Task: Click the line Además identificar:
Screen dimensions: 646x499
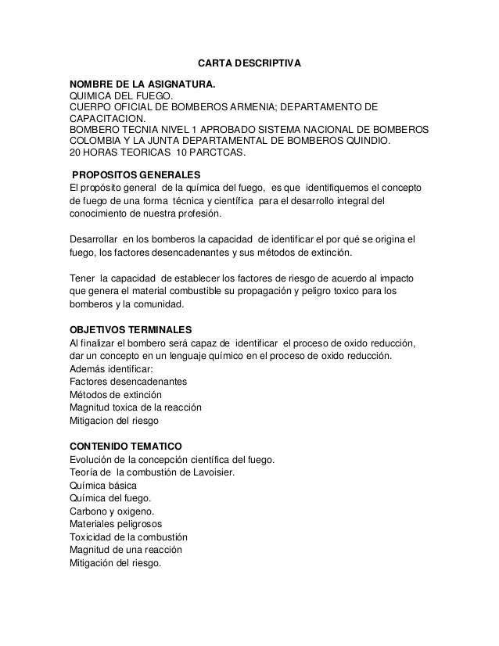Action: tap(112, 370)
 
